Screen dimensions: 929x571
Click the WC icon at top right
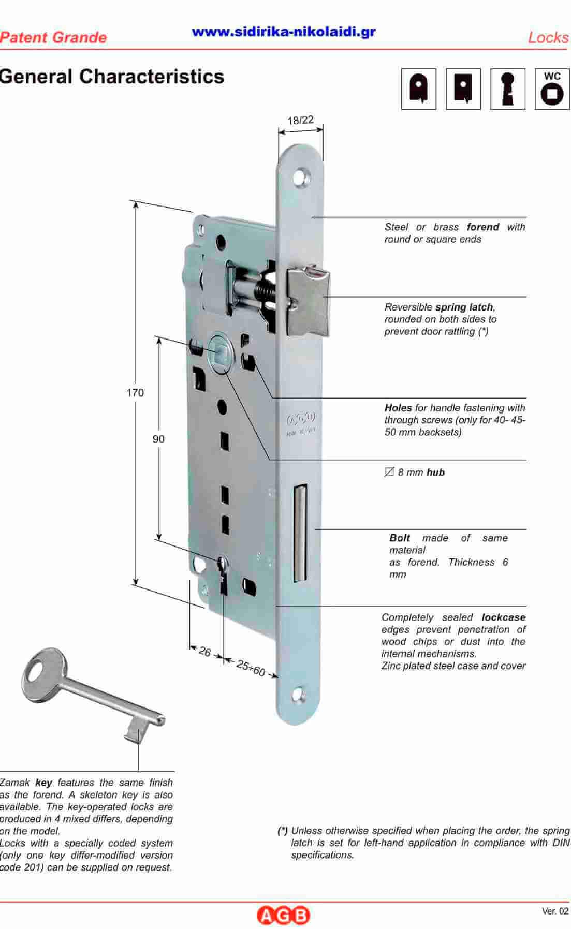[x=552, y=89]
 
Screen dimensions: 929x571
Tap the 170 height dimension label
[x=135, y=393]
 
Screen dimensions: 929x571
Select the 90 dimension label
[x=158, y=439]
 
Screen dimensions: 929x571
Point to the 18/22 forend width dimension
[x=301, y=120]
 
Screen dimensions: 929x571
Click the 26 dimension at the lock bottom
[x=205, y=652]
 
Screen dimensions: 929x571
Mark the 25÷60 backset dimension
[x=251, y=668]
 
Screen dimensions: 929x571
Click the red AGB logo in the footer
[x=283, y=915]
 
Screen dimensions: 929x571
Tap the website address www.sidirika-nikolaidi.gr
[x=284, y=32]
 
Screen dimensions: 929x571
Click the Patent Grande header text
[x=53, y=37]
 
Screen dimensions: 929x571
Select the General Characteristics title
[x=112, y=77]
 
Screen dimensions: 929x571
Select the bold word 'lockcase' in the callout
[x=503, y=617]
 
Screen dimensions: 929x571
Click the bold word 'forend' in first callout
[x=482, y=227]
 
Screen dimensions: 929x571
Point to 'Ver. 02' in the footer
[x=555, y=911]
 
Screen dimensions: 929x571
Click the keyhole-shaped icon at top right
[x=508, y=89]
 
